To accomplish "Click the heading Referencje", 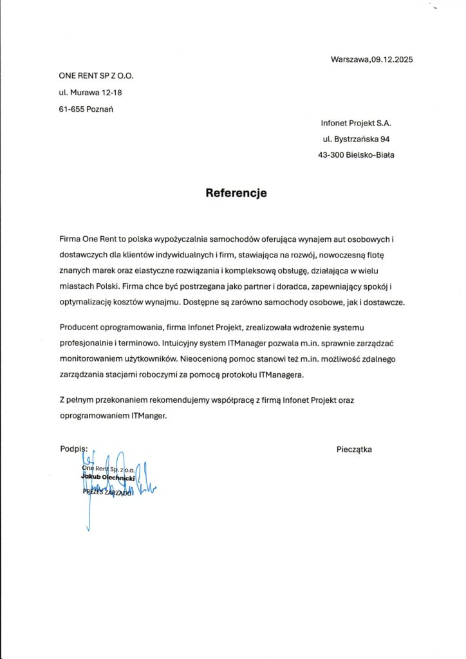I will pos(236,192).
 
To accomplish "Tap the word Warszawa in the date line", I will pos(350,60).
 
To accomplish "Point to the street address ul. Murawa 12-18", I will pos(90,93).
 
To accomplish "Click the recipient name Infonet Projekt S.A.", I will pos(356,122).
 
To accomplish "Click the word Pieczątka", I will pos(354,449).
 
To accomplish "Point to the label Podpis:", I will pos(73,449).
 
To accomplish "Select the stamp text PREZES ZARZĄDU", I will pos(107,492).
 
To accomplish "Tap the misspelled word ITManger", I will pos(149,416).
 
